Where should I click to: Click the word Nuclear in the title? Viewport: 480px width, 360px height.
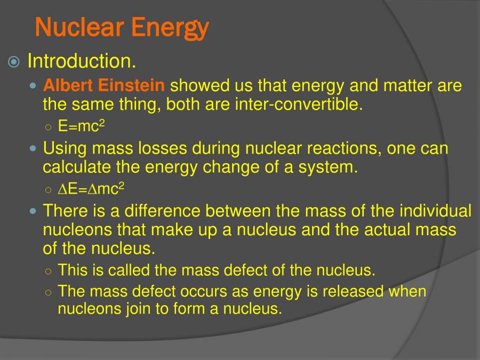(79, 27)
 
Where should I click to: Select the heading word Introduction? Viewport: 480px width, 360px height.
(82, 61)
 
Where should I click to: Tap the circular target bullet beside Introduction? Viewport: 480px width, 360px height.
(14, 62)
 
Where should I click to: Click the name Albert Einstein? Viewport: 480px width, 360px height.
(104, 85)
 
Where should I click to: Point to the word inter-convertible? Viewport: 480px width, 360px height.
(299, 104)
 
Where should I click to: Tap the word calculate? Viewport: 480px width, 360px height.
(77, 167)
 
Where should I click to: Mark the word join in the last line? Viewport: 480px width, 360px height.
(138, 309)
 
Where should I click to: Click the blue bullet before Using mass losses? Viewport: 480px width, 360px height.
(34, 149)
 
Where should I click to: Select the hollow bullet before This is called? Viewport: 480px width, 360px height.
(49, 271)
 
